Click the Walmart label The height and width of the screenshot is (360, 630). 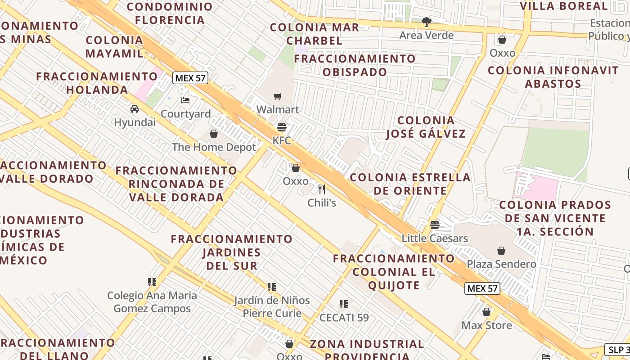(278, 109)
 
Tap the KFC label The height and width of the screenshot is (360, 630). (282, 140)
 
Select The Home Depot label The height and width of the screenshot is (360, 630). (214, 147)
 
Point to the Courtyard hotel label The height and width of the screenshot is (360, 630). (185, 114)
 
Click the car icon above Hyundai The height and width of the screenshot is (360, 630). (134, 108)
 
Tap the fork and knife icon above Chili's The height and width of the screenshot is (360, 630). (322, 189)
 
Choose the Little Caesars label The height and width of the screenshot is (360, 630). (435, 238)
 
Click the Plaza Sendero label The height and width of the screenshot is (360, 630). (501, 264)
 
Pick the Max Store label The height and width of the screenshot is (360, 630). (486, 325)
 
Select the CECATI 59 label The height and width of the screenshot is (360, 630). (344, 317)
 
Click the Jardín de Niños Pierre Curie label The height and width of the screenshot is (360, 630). (272, 306)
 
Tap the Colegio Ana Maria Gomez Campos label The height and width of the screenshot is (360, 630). (152, 302)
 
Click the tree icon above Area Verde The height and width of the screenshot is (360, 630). (426, 22)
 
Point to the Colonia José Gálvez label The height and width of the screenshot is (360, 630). (426, 127)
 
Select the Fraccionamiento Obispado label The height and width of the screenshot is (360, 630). (355, 65)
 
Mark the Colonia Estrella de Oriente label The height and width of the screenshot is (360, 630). (410, 184)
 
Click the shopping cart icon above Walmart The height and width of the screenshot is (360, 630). (278, 96)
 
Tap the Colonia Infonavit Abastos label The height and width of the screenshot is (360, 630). (553, 76)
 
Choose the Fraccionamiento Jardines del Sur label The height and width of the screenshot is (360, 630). (232, 252)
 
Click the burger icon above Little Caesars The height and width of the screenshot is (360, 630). (434, 225)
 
